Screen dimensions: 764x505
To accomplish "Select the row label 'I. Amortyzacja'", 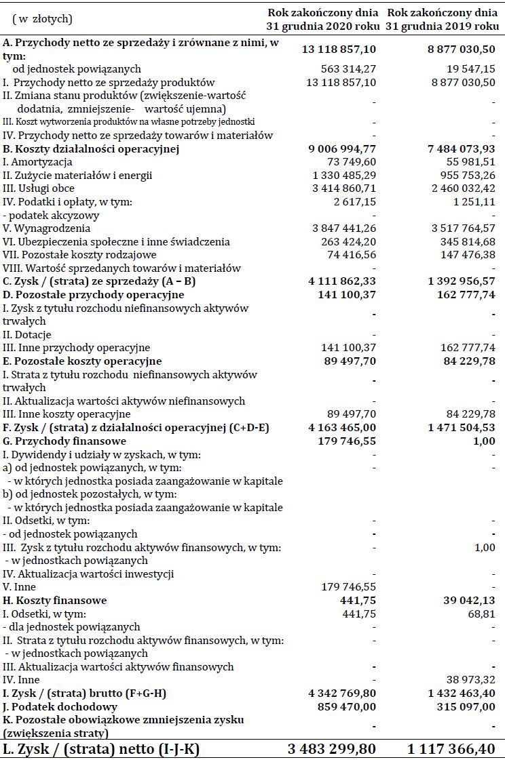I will (x=37, y=162).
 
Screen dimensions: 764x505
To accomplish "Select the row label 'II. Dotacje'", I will (x=27, y=335).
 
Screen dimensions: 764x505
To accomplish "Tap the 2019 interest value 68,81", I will (x=481, y=614).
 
